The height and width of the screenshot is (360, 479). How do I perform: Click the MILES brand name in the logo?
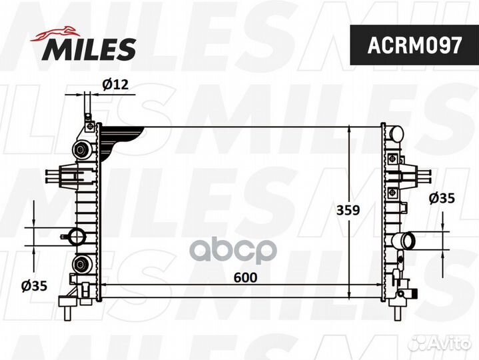tap(91, 48)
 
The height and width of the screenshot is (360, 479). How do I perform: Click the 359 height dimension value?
tap(347, 211)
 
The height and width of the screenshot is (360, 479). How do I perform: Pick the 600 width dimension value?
tap(244, 277)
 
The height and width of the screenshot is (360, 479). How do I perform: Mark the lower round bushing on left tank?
tap(83, 265)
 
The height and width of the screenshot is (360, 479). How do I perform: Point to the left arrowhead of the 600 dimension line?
tap(104, 285)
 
